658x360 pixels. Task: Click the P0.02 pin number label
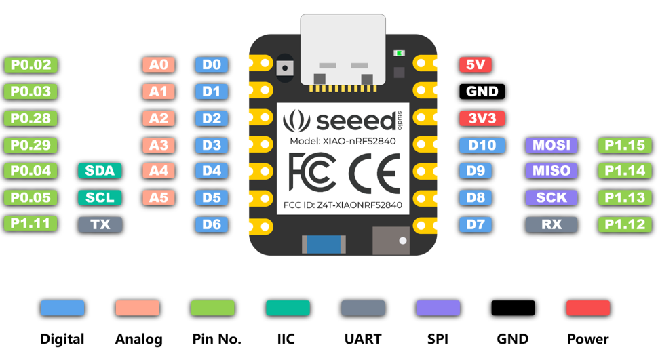tap(31, 65)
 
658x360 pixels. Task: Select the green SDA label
tap(100, 171)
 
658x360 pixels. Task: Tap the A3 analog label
tap(158, 144)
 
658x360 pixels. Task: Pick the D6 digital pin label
tap(212, 224)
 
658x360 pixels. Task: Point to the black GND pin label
tap(482, 92)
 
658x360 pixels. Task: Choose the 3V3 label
tap(482, 118)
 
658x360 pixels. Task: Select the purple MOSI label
tap(551, 144)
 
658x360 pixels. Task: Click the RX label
tap(551, 224)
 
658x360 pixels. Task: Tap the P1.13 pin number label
tap(625, 197)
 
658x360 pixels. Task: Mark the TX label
tap(100, 224)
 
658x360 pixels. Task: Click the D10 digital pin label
tap(482, 144)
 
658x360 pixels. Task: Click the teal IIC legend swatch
tap(288, 308)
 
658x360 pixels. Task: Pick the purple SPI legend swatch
tap(438, 308)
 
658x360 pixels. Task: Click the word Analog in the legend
tap(138, 339)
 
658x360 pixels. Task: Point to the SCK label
tap(551, 197)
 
